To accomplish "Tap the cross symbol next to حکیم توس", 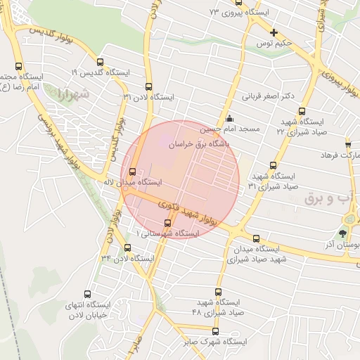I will (274, 32).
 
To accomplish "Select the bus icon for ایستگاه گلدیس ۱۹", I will (98, 61).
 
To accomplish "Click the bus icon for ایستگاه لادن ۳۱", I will (148, 86).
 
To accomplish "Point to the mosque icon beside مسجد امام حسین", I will (229, 119).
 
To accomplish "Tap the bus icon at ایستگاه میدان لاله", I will (133, 171).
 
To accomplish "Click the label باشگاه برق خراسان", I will (205, 142).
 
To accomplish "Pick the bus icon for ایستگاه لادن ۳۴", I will (127, 247).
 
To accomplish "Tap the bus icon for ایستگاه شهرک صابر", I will (215, 331).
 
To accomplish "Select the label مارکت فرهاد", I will (340, 154).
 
